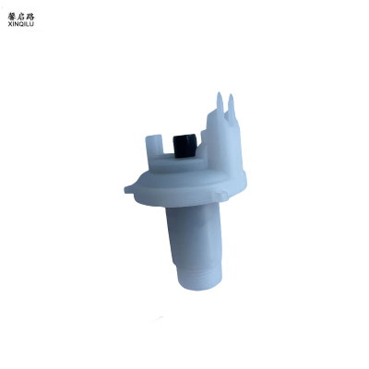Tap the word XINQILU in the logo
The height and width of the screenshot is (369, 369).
tap(21, 24)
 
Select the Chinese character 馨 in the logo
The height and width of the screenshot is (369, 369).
tap(12, 17)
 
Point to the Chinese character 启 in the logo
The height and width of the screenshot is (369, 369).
tap(21, 17)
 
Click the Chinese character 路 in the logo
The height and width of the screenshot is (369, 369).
tap(30, 17)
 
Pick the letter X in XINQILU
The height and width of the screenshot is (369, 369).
tap(10, 24)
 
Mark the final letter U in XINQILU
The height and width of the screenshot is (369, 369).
tap(32, 24)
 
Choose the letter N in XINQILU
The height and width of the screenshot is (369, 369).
tap(16, 24)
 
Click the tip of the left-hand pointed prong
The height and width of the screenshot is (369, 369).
tap(219, 92)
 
